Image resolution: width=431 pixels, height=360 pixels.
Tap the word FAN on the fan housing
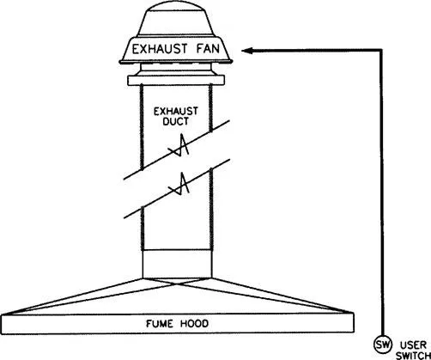tap(208, 49)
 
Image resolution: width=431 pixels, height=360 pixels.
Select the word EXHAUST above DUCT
tap(176, 111)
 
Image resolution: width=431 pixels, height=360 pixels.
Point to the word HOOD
tap(195, 324)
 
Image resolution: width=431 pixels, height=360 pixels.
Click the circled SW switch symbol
tap(383, 345)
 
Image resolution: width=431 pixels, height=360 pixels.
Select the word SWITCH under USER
tap(414, 356)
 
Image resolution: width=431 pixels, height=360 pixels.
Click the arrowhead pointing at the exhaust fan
tap(247, 51)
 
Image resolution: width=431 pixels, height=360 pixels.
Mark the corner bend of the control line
tap(381, 51)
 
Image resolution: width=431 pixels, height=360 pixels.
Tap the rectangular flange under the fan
tap(176, 80)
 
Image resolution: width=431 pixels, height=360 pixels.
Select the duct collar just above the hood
tap(177, 264)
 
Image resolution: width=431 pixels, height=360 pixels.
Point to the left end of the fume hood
tap(2, 324)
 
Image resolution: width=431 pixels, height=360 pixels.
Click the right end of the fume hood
tap(354, 322)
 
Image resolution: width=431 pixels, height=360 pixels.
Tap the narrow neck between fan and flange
tap(176, 69)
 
